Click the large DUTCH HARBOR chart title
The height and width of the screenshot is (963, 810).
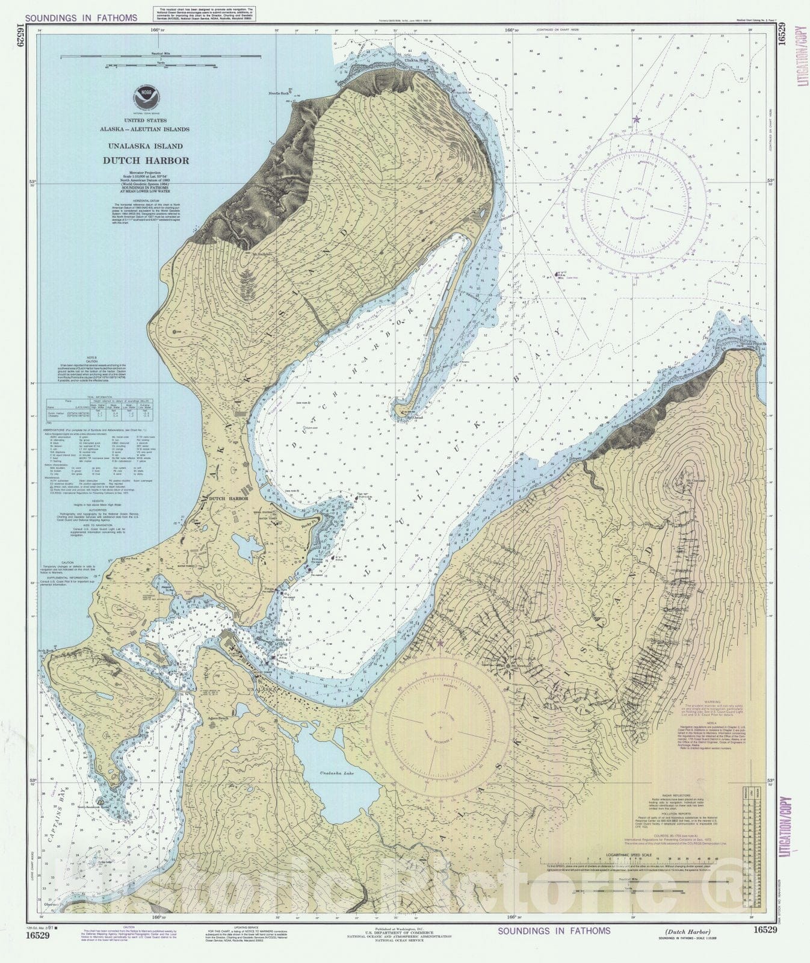pyautogui.click(x=146, y=161)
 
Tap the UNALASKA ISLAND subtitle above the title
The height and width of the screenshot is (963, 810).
pyautogui.click(x=146, y=146)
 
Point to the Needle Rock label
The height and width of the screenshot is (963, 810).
pyautogui.click(x=280, y=93)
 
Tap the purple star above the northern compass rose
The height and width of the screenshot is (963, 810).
pyautogui.click(x=636, y=120)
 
